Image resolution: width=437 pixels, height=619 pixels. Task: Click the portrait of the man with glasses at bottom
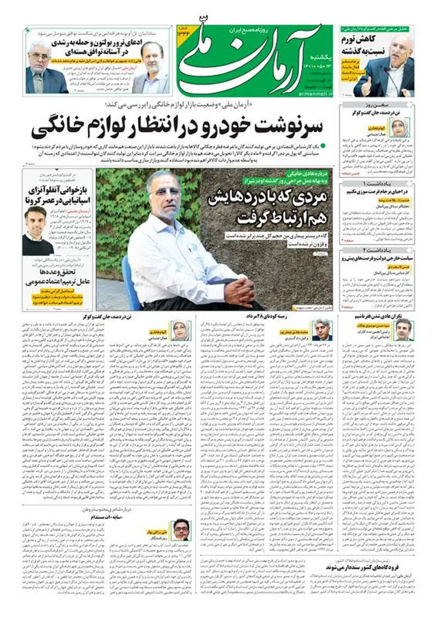[x=182, y=529]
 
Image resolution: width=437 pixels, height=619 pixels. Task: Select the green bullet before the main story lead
[x=322, y=145]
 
